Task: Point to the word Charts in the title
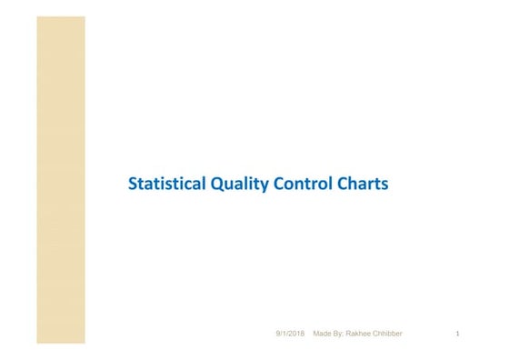click(x=363, y=184)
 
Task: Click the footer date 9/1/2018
click(x=291, y=335)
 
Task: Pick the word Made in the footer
click(x=322, y=335)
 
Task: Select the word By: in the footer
click(x=341, y=335)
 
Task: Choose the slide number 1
click(x=457, y=335)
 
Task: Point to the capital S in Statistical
click(x=133, y=184)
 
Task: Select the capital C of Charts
click(x=343, y=184)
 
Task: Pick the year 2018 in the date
click(x=297, y=335)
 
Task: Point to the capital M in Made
click(x=315, y=335)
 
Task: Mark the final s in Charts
click(x=384, y=185)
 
